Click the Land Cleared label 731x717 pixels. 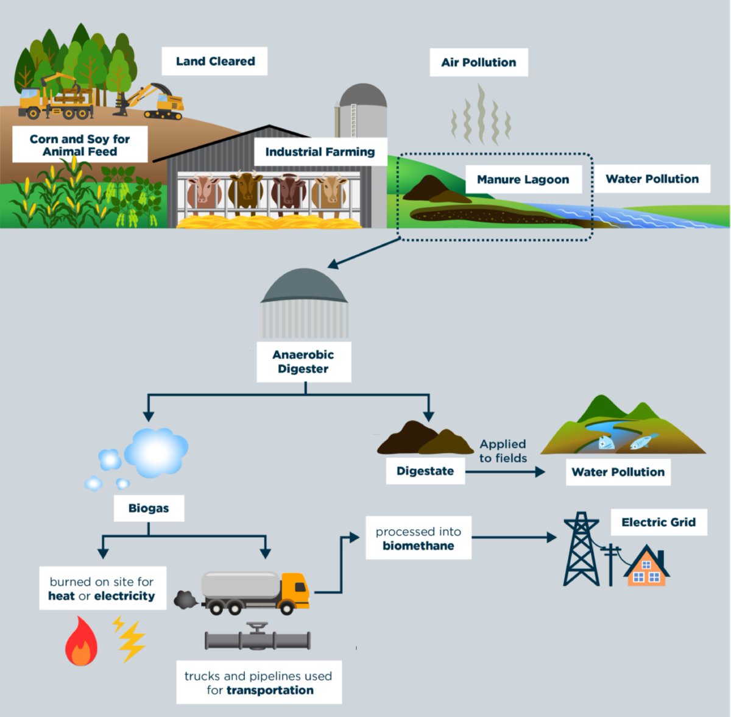click(x=214, y=61)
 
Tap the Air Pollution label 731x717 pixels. click(x=478, y=62)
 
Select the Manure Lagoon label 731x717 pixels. click(x=523, y=179)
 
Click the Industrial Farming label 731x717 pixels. click(x=320, y=152)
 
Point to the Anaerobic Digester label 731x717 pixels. click(x=303, y=362)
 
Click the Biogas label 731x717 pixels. click(x=149, y=508)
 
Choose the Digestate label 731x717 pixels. click(x=425, y=471)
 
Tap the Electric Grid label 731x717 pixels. click(x=658, y=522)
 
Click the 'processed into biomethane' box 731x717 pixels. click(x=418, y=538)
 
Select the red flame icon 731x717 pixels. click(x=81, y=642)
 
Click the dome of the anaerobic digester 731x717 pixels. click(x=304, y=287)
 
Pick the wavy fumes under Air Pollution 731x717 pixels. click(x=480, y=115)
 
